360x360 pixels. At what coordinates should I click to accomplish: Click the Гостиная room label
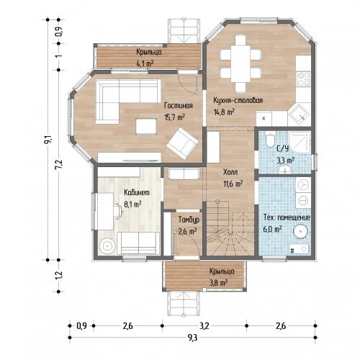coord(179,106)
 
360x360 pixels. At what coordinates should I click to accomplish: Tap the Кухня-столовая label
coord(238,100)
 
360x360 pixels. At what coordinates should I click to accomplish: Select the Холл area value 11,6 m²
coord(233,184)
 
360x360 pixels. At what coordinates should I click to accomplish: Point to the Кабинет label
coord(137,192)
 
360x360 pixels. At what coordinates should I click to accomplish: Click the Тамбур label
coord(189,220)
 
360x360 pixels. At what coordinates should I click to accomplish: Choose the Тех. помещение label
coord(287,217)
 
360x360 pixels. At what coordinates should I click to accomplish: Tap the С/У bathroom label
coord(282,149)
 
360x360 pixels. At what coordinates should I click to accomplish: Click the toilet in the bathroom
coord(270,140)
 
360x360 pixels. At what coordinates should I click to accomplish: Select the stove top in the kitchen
coord(303,78)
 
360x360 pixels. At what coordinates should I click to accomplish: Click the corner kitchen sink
coord(300,114)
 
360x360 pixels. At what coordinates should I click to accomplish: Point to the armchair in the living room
coord(182,143)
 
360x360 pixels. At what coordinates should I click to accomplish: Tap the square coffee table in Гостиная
coord(146,126)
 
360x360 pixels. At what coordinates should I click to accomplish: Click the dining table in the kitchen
coord(240,63)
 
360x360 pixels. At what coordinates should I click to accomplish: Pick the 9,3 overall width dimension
coord(192,338)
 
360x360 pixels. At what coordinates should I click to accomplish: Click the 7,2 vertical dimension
coord(59,165)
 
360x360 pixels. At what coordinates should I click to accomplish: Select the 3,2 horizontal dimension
coord(204,326)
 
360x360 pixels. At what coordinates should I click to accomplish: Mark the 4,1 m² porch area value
coord(145,63)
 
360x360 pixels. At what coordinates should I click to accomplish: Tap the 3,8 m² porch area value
coord(218,283)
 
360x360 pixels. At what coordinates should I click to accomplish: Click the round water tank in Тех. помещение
coord(300,232)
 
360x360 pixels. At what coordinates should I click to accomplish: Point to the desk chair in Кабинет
coord(118,211)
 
